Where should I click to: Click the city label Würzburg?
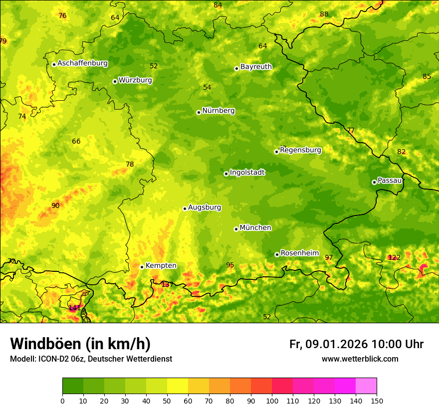(135, 80)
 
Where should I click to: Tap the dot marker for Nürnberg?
(199, 112)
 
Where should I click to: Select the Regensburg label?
(300, 150)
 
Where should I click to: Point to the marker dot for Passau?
(374, 182)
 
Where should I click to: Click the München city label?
(255, 228)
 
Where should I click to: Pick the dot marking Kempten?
(142, 267)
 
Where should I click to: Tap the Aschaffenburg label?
(82, 63)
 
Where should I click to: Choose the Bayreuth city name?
(256, 67)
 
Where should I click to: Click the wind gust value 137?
(167, 284)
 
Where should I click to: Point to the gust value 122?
(394, 257)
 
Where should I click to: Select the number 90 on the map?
(55, 206)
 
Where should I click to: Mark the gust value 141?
(74, 308)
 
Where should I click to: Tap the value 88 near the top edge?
(324, 14)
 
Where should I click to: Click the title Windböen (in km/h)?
(80, 344)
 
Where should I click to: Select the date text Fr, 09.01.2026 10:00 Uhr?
(356, 344)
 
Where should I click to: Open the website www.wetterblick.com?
(360, 359)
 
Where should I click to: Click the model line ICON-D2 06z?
(91, 359)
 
